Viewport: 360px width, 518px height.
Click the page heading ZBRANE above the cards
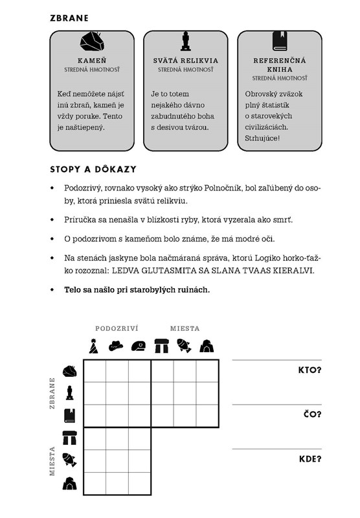pyautogui.click(x=69, y=18)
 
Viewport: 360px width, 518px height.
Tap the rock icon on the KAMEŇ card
pyautogui.click(x=92, y=41)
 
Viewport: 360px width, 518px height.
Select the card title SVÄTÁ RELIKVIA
pyautogui.click(x=186, y=60)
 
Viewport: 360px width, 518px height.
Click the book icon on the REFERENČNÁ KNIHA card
pyautogui.click(x=280, y=41)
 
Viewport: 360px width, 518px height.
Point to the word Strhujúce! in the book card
pyautogui.click(x=262, y=138)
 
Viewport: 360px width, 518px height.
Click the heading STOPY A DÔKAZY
pyautogui.click(x=93, y=170)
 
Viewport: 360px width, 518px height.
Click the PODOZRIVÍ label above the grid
pyautogui.click(x=117, y=328)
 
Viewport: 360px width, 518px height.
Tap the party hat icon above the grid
pyautogui.click(x=94, y=346)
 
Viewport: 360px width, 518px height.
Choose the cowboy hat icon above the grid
pyautogui.click(x=116, y=346)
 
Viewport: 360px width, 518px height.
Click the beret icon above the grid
pyautogui.click(x=139, y=346)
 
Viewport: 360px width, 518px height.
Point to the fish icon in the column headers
pyautogui.click(x=184, y=346)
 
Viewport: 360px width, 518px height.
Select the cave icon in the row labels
pyautogui.click(x=70, y=483)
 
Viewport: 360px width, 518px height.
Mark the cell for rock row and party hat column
pyautogui.click(x=95, y=371)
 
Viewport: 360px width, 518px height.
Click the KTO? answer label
pyautogui.click(x=309, y=370)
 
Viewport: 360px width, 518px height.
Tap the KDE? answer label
pyautogui.click(x=310, y=459)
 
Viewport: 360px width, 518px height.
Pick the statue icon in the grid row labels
pyautogui.click(x=69, y=393)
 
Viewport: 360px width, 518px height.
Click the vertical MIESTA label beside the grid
pyautogui.click(x=52, y=461)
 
